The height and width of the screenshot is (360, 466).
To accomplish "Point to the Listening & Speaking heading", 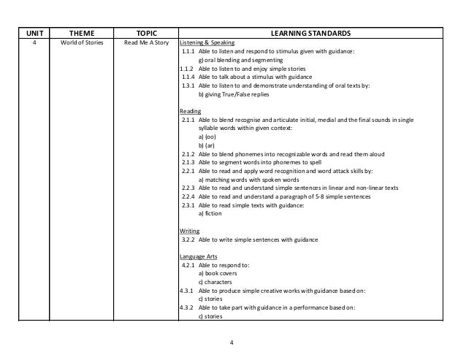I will pyautogui.click(x=207, y=44).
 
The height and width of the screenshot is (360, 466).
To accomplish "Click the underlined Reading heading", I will pyautogui.click(x=191, y=111).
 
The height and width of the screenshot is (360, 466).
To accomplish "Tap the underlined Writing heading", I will pyautogui.click(x=190, y=229).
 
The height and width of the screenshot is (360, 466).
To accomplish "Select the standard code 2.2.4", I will pyautogui.click(x=188, y=195).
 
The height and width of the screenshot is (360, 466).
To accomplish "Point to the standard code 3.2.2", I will pyautogui.click(x=188, y=240).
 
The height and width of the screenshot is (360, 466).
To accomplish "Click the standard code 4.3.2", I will pyautogui.click(x=188, y=308).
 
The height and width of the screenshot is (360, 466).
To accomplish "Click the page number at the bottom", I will pyautogui.click(x=232, y=341).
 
